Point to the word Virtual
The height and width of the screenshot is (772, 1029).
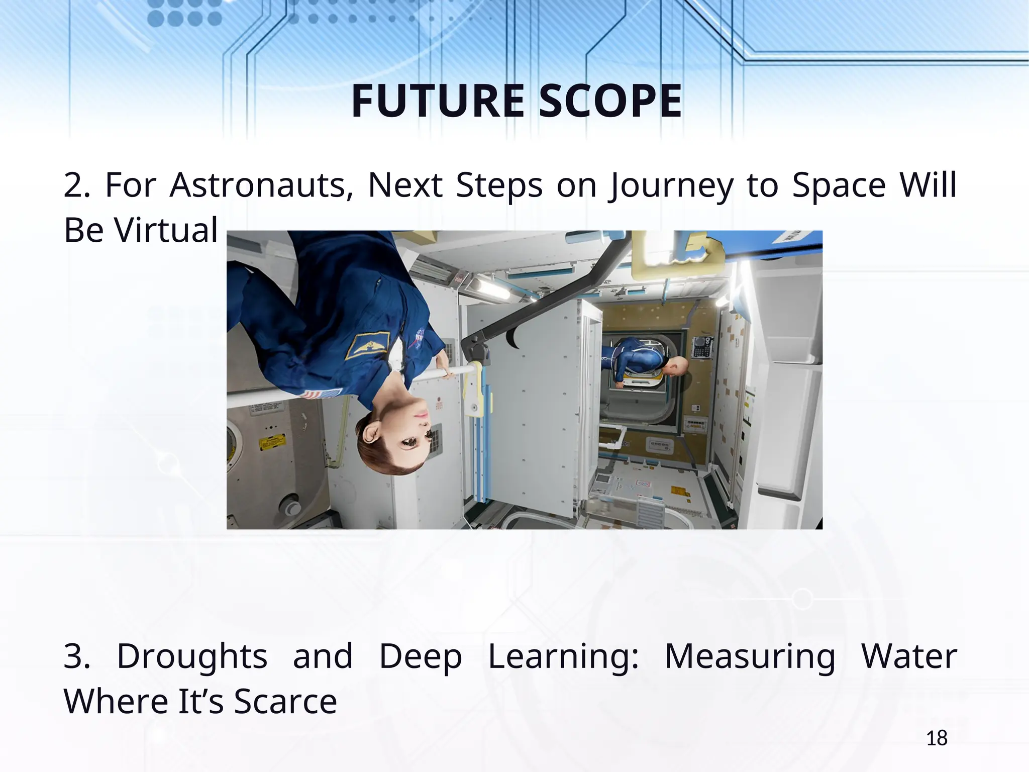[x=166, y=230]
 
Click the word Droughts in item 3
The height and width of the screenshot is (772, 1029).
[x=192, y=657]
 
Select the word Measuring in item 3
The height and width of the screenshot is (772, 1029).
[x=750, y=657]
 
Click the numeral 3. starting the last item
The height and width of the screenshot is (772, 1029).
[x=76, y=656]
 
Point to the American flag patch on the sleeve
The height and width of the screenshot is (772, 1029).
[x=322, y=394]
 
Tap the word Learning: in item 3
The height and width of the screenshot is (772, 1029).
[x=563, y=657]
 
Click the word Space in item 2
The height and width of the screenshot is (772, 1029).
[x=839, y=185]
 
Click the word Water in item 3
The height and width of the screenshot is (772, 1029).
[x=908, y=656]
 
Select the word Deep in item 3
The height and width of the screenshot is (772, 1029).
[x=420, y=657]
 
